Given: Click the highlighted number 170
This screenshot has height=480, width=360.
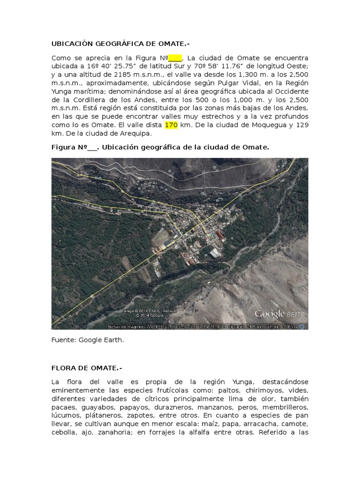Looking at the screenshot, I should (170, 125).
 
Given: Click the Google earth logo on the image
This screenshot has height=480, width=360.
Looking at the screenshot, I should (279, 314).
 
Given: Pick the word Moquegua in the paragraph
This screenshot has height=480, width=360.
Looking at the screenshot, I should (269, 125).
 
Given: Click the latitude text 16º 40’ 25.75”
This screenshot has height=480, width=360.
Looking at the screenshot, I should (120, 66).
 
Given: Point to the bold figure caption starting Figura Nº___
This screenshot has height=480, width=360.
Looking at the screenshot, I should (160, 147).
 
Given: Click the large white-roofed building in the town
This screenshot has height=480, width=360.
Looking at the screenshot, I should (215, 253).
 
